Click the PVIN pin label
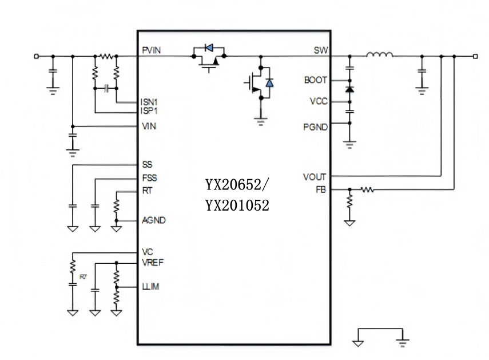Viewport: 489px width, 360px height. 151,50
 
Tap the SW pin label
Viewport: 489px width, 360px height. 320,50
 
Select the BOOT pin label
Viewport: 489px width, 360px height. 315,81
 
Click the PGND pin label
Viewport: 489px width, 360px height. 316,127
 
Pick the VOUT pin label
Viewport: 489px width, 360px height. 315,177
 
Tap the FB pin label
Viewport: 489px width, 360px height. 321,189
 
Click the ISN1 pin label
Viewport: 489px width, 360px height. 150,102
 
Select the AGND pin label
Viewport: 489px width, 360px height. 153,220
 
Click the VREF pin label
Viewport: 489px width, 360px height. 153,263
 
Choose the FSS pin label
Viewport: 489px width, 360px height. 149,178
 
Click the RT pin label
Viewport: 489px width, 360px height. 147,190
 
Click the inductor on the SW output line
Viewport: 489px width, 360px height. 379,55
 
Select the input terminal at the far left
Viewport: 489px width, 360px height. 37,56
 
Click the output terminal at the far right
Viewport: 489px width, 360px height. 475,56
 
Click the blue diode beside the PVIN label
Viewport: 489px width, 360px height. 209,47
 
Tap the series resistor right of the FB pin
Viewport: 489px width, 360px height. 367,189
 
